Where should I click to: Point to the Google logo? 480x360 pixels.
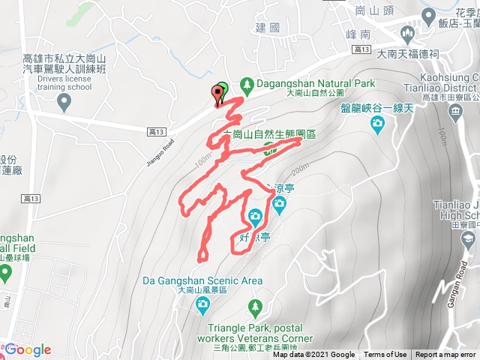click(28, 349)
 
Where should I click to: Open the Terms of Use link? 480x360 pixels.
click(385, 355)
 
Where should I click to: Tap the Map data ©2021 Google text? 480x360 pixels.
click(313, 355)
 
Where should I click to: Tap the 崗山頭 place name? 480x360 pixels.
click(370, 10)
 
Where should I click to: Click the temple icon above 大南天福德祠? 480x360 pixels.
click(408, 34)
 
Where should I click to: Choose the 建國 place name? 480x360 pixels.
click(267, 28)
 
